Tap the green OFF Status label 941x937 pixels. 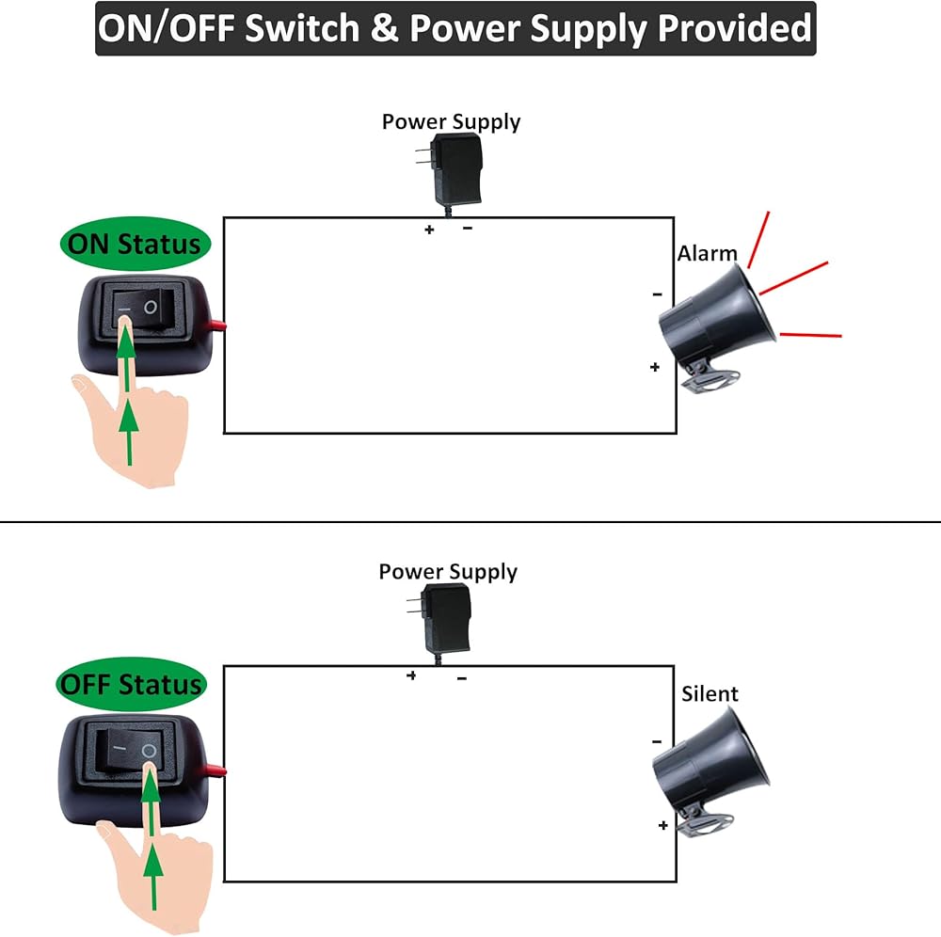pyautogui.click(x=131, y=684)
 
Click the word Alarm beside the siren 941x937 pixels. pyautogui.click(x=708, y=253)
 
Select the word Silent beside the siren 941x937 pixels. pyautogui.click(x=710, y=694)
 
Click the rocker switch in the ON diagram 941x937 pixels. pyautogui.click(x=138, y=310)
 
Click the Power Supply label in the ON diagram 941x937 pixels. pyautogui.click(x=451, y=121)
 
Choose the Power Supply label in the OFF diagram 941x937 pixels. pyautogui.click(x=448, y=572)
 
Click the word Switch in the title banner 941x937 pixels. pyautogui.click(x=302, y=28)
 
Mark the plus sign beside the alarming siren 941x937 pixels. pyautogui.click(x=655, y=367)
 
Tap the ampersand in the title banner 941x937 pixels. pyautogui.click(x=386, y=28)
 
